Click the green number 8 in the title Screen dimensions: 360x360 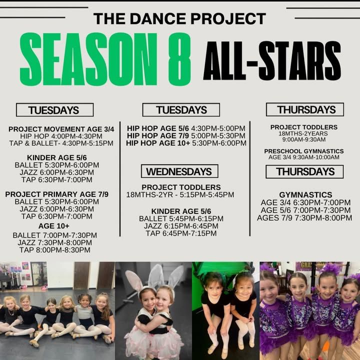pyautogui.click(x=179, y=59)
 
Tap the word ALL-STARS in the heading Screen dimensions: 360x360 pyautogui.click(x=272, y=61)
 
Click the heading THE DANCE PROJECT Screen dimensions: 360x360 pyautogui.click(x=180, y=18)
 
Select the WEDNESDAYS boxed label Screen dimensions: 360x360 pyautogui.click(x=179, y=171)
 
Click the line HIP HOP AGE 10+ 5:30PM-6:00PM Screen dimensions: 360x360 pyautogui.click(x=186, y=143)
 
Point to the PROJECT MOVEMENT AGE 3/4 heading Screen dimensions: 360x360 pyautogui.click(x=61, y=129)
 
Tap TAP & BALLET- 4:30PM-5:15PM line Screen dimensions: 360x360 pyautogui.click(x=61, y=143)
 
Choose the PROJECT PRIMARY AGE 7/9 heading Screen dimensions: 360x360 pyautogui.click(x=56, y=194)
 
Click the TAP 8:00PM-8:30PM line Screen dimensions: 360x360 pyautogui.click(x=55, y=250)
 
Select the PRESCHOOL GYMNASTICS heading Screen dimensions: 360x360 pyautogui.click(x=304, y=151)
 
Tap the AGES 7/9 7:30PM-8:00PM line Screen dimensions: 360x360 pyautogui.click(x=304, y=217)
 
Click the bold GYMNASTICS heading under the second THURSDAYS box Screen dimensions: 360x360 pyautogui.click(x=305, y=195)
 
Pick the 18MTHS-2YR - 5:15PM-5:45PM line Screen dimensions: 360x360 pyautogui.click(x=180, y=194)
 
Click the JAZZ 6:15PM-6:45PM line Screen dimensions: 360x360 pyautogui.click(x=181, y=226)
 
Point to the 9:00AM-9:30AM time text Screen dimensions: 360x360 pyautogui.click(x=304, y=139)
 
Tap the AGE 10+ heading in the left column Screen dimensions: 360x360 pyautogui.click(x=53, y=226)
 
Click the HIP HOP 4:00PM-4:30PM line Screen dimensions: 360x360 pyautogui.click(x=61, y=136)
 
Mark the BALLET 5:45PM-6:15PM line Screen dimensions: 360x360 pyautogui.click(x=181, y=218)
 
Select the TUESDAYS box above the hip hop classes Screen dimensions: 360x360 pyautogui.click(x=181, y=109)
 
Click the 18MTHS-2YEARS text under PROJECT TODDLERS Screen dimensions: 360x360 pyautogui.click(x=303, y=133)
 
